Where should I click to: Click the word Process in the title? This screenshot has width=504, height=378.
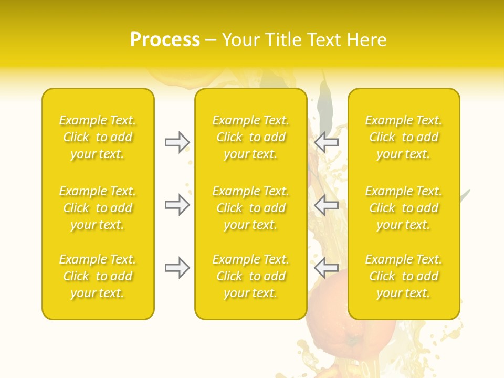[165, 40]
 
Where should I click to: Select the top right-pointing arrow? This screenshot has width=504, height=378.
[177, 142]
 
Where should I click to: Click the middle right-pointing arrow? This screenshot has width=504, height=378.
[177, 205]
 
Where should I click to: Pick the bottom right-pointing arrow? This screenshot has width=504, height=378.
[177, 268]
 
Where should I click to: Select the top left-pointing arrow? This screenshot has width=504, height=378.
[326, 142]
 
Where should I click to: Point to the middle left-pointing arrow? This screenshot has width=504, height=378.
[326, 205]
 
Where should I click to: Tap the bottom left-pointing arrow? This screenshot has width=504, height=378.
[326, 268]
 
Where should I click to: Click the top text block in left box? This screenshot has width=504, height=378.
[98, 137]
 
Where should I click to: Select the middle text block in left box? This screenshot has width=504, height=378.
[98, 208]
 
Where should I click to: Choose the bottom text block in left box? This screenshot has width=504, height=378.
[98, 276]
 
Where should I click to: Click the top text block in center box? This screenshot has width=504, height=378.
[251, 137]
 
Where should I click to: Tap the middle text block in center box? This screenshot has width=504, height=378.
[251, 208]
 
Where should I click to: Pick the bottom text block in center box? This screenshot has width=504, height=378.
[251, 276]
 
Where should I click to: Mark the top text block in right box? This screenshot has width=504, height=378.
[404, 137]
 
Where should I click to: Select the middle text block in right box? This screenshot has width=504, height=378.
[404, 208]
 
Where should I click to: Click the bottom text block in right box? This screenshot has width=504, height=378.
[404, 276]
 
